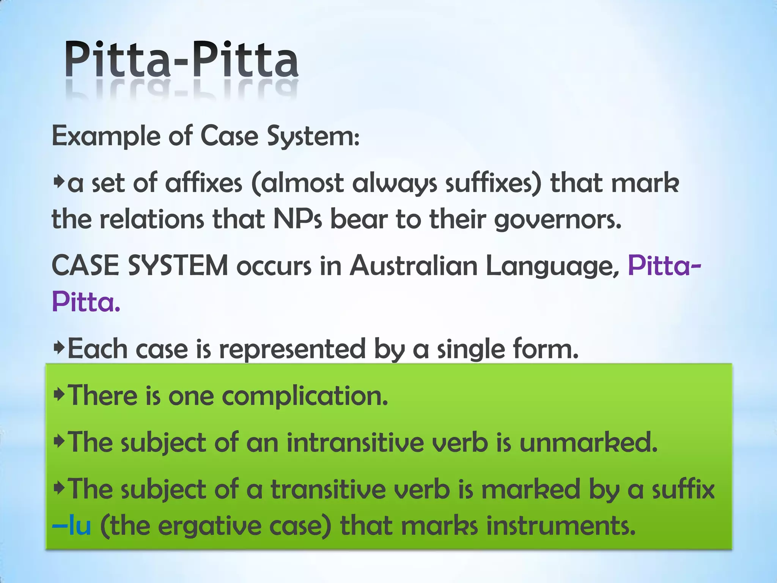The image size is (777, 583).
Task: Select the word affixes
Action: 204,183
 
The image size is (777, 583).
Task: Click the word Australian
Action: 414,266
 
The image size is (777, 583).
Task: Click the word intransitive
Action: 355,443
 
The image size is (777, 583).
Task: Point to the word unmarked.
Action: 588,443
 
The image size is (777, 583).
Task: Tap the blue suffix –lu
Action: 72,526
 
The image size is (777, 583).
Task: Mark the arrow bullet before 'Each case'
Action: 59,348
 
